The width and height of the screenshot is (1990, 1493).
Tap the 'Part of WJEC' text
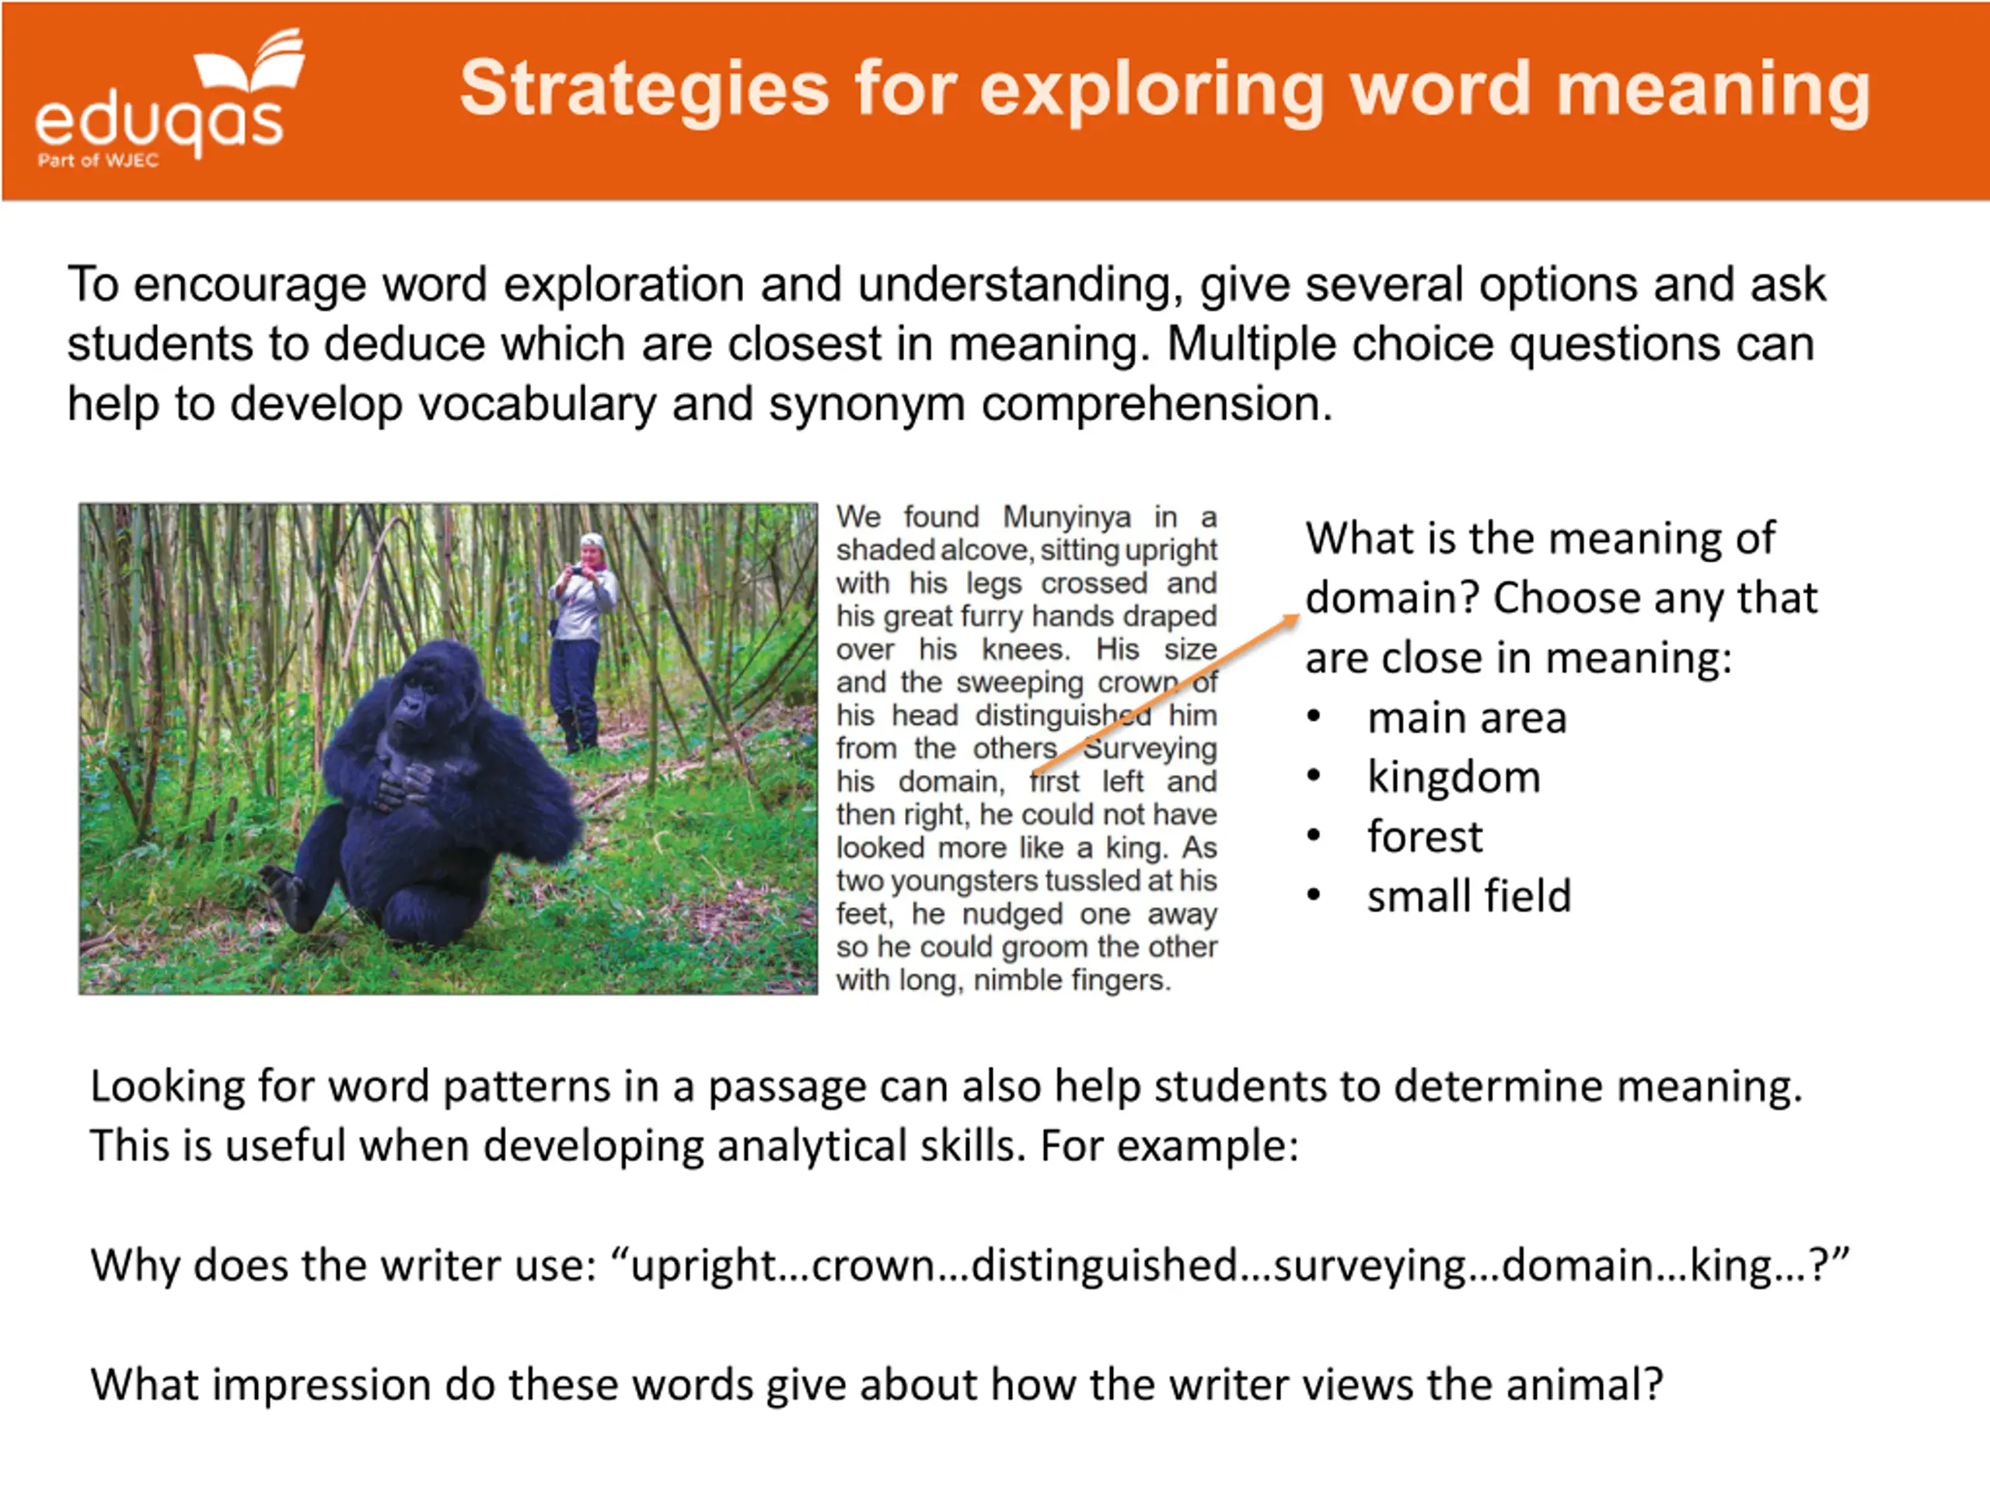tap(98, 161)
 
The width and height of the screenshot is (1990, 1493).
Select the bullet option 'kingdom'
tap(1454, 777)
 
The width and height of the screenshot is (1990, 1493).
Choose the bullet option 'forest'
tap(1424, 836)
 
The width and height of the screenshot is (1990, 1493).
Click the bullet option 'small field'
tap(1469, 896)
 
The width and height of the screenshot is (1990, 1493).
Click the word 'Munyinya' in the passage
tap(1067, 517)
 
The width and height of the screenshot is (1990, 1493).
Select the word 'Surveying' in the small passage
tap(1150, 748)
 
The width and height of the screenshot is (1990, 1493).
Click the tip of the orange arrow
tap(1299, 616)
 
